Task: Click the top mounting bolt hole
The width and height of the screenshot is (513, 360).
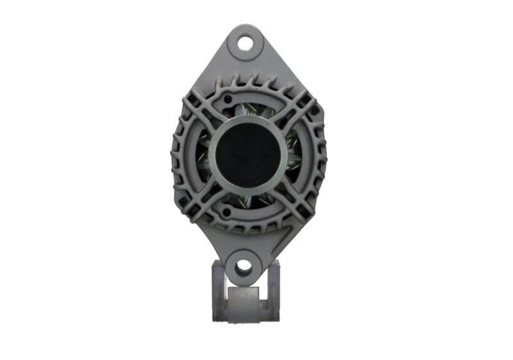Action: [245, 43]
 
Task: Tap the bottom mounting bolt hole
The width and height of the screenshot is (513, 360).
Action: [243, 266]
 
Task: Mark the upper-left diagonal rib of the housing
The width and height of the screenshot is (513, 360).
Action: [199, 116]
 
